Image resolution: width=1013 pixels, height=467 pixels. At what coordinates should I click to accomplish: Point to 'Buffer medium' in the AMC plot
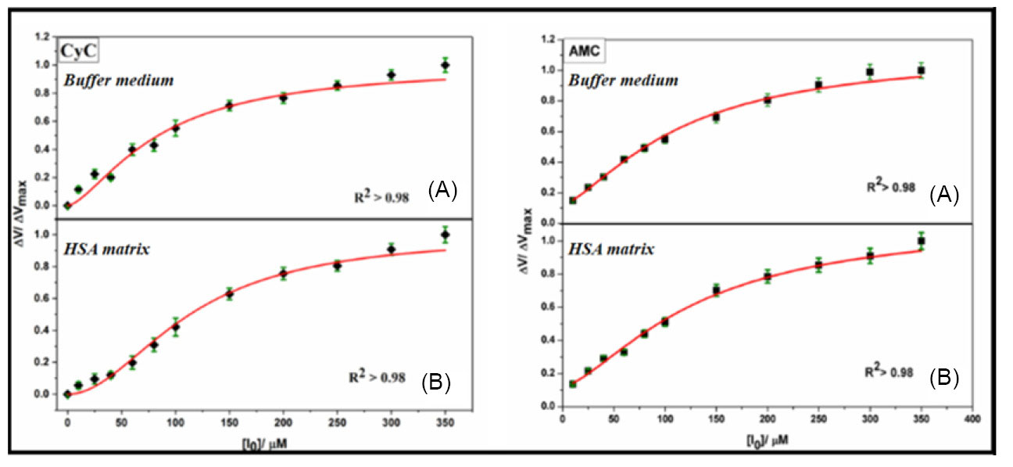tap(623, 81)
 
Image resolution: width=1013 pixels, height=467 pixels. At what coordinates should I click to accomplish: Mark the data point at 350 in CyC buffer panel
tap(446, 65)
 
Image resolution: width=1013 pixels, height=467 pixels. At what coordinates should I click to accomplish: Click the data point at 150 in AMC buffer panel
tap(715, 117)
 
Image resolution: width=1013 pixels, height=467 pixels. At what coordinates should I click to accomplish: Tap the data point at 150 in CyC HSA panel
tap(230, 294)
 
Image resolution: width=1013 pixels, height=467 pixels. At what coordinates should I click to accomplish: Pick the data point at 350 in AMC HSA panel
tap(922, 241)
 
